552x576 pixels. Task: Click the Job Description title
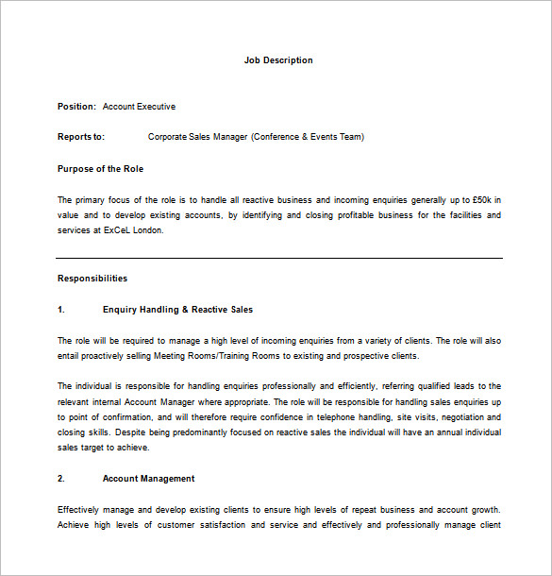click(278, 60)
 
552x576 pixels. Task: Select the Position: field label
click(76, 107)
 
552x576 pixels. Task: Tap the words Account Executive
click(139, 107)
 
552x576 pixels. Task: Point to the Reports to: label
click(81, 137)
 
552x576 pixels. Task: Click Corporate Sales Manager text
click(197, 137)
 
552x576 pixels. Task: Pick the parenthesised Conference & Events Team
click(308, 137)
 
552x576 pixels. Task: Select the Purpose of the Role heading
click(100, 169)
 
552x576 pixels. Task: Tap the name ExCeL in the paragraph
click(118, 230)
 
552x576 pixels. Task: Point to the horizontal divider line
click(278, 258)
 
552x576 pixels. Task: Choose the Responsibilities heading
click(92, 279)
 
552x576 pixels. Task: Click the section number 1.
click(61, 310)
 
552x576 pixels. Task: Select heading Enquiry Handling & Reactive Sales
click(177, 310)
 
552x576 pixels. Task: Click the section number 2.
click(61, 479)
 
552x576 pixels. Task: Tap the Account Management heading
click(148, 479)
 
